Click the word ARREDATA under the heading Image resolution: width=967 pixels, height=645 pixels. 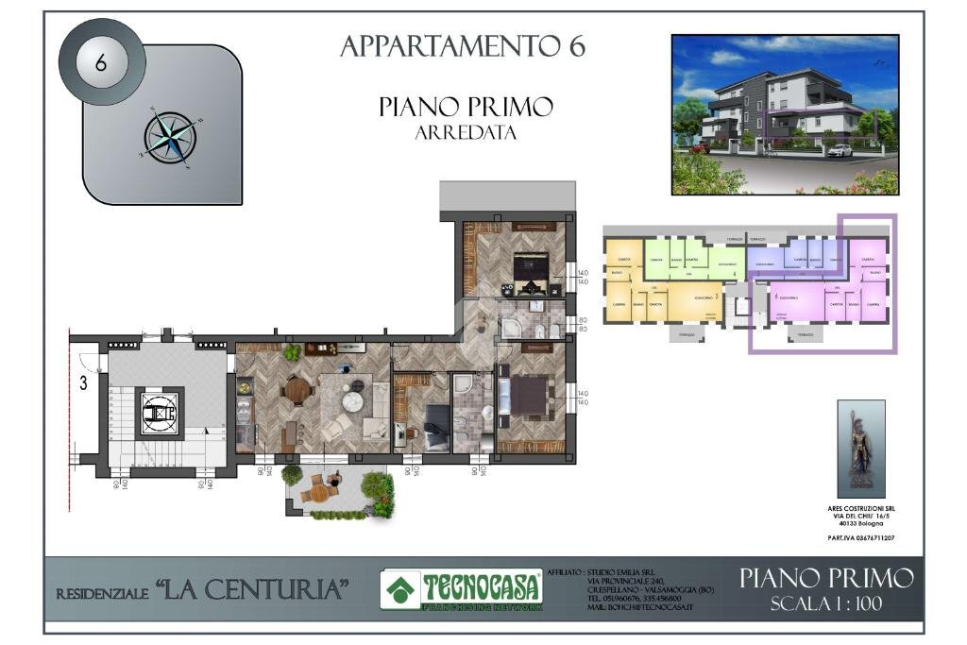466,133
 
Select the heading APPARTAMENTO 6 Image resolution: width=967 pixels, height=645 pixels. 463,46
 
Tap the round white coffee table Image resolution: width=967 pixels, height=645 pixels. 352,402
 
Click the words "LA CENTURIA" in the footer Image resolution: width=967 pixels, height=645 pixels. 252,591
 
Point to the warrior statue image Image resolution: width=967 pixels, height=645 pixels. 860,448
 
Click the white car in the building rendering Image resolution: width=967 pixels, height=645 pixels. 839,149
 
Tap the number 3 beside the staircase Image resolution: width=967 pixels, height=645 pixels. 83,382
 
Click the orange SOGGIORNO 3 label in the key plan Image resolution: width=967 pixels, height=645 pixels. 701,297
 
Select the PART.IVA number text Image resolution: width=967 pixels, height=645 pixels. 860,537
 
